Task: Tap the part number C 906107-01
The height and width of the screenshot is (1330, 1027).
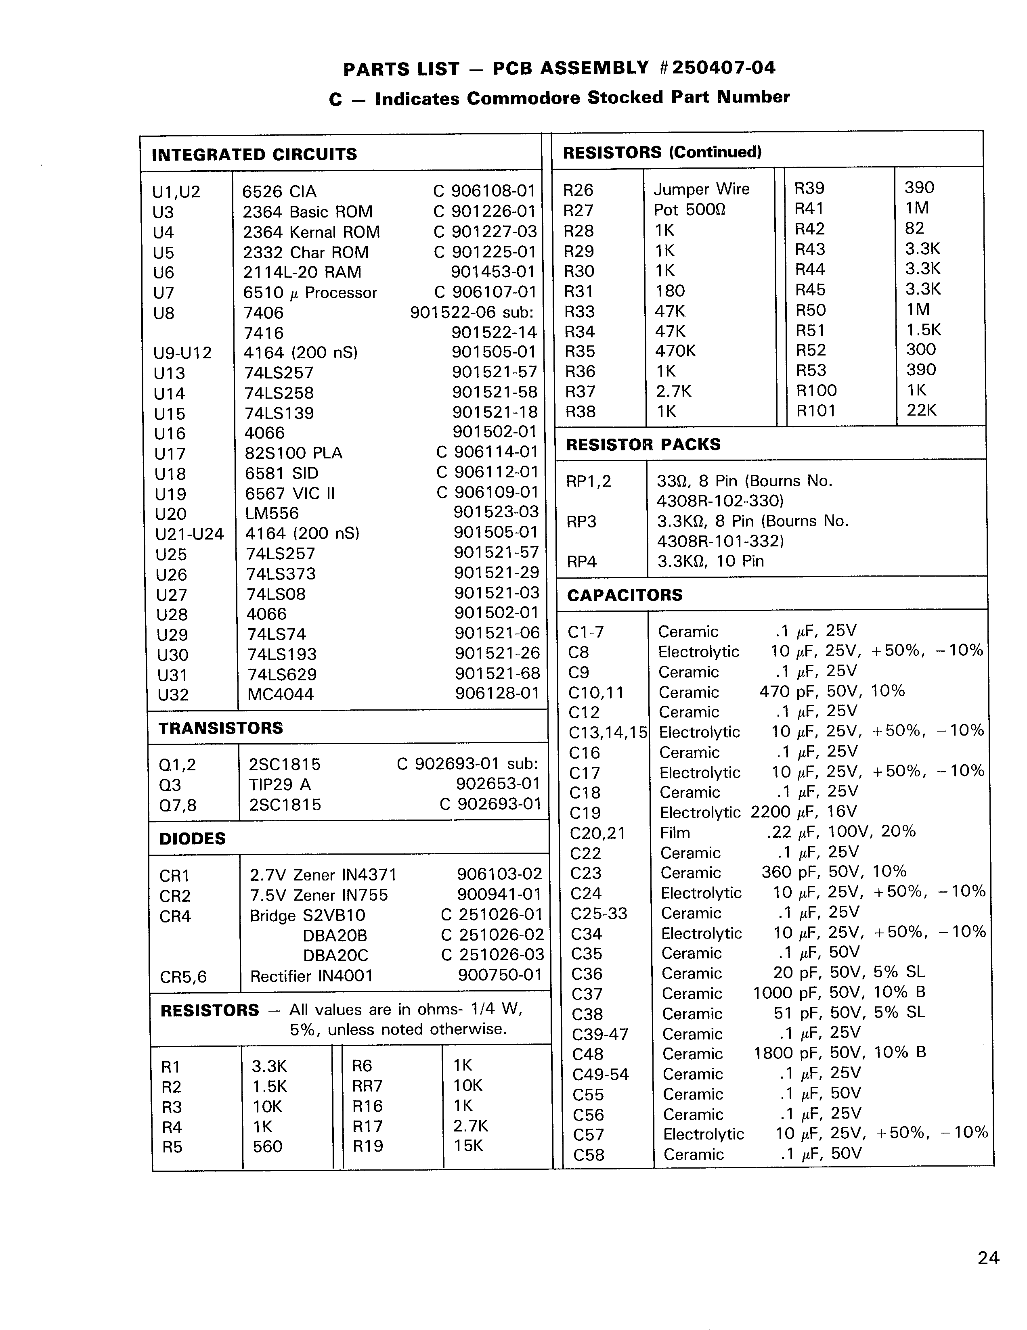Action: [x=484, y=292]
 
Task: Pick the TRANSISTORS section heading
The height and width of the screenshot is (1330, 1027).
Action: [x=220, y=728]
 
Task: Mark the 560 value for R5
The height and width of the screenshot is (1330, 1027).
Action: [x=267, y=1147]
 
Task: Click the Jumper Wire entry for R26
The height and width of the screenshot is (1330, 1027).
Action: [x=701, y=189]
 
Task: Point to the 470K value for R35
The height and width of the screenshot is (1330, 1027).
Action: [x=675, y=351]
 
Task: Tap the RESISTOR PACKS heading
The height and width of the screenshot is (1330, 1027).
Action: [x=643, y=445]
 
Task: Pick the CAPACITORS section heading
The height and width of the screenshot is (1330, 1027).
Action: [x=625, y=595]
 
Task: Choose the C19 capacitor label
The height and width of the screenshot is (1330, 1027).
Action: [x=585, y=813]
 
